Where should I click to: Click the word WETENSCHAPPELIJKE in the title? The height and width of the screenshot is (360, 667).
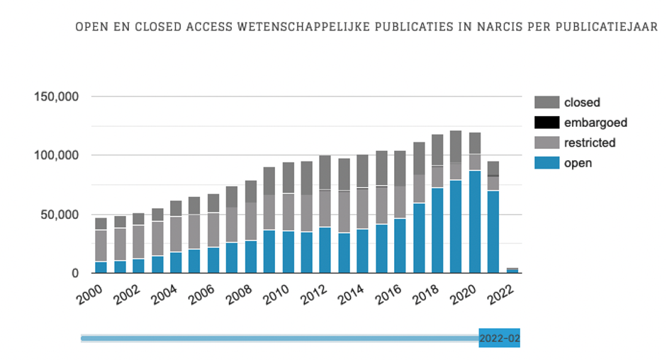pos(304,28)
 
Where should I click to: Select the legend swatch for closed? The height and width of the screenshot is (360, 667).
pos(546,102)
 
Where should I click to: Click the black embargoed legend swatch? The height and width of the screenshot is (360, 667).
pos(546,123)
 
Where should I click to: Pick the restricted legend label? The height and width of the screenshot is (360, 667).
pos(590,142)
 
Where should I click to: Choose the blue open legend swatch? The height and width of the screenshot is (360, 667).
pos(546,163)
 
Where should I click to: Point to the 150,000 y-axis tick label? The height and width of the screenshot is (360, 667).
pos(56,96)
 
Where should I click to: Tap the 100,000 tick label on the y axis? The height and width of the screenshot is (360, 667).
pos(56,155)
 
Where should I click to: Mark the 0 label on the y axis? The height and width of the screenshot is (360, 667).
pos(75,274)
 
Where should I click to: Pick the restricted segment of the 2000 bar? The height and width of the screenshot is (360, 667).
pos(101,246)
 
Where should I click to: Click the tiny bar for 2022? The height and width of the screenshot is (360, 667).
pos(512,271)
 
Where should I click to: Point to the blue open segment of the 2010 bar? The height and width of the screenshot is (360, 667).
pos(288,252)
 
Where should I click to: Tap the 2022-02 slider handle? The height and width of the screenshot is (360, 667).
pos(499,339)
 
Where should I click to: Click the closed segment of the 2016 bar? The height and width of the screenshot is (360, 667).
pos(400,169)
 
